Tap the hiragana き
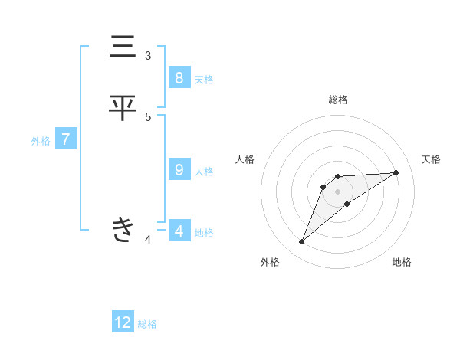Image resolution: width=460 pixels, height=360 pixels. pyautogui.click(x=123, y=229)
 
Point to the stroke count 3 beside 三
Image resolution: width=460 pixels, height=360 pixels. pyautogui.click(x=148, y=56)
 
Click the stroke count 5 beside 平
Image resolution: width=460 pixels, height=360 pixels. pyautogui.click(x=148, y=116)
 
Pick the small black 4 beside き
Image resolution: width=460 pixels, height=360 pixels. pyautogui.click(x=148, y=240)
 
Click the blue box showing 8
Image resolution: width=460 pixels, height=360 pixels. pyautogui.click(x=179, y=78)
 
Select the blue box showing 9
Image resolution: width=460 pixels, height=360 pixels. pyautogui.click(x=179, y=170)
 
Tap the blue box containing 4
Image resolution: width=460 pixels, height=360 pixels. pyautogui.click(x=179, y=231)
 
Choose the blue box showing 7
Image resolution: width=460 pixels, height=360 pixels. pyautogui.click(x=66, y=139)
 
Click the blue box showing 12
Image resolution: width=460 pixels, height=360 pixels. pyautogui.click(x=123, y=322)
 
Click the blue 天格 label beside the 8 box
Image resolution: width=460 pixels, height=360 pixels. pyautogui.click(x=204, y=79)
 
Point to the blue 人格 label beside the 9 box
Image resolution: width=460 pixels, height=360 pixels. pyautogui.click(x=204, y=171)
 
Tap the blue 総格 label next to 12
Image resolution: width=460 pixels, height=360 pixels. pyautogui.click(x=147, y=323)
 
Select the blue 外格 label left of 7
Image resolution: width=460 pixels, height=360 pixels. pyautogui.click(x=41, y=140)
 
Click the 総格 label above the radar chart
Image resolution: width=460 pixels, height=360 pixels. pyautogui.click(x=337, y=100)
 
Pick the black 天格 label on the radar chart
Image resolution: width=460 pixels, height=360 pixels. pyautogui.click(x=432, y=159)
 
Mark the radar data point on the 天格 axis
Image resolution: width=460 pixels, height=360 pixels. pyautogui.click(x=396, y=172)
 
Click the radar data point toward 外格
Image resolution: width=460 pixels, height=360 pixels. pyautogui.click(x=302, y=242)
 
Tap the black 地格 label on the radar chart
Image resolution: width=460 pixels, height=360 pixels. pyautogui.click(x=402, y=262)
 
